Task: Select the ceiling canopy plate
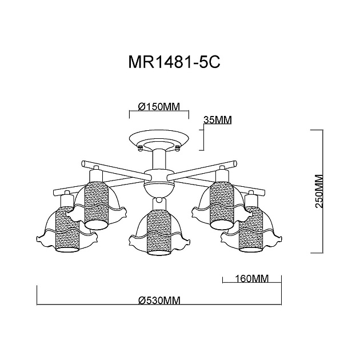[x=159, y=139]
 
